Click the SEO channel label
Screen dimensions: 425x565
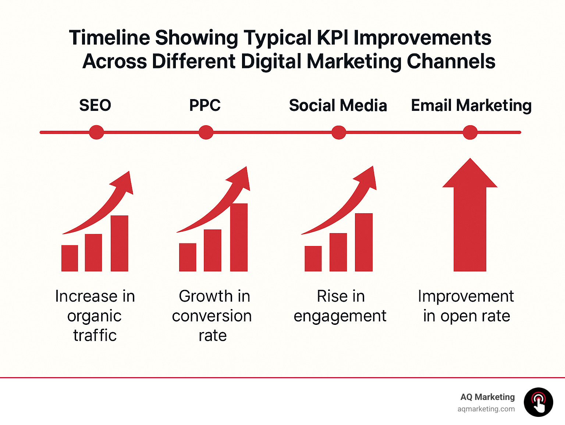(95, 105)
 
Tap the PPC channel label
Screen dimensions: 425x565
(205, 105)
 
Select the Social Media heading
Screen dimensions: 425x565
(338, 105)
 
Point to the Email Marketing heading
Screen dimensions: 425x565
(471, 105)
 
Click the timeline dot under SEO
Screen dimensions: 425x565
(96, 132)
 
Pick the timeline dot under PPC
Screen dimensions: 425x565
(206, 132)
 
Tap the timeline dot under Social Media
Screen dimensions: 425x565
(339, 132)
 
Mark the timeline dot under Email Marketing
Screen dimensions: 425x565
(470, 132)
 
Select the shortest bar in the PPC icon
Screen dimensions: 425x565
(188, 257)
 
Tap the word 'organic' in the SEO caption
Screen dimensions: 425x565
(94, 316)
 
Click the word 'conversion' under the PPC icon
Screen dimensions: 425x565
(212, 316)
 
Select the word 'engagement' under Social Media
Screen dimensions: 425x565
(340, 316)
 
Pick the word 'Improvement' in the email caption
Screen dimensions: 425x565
(466, 296)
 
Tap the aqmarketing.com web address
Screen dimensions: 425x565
(486, 409)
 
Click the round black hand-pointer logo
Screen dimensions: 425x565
(539, 402)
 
